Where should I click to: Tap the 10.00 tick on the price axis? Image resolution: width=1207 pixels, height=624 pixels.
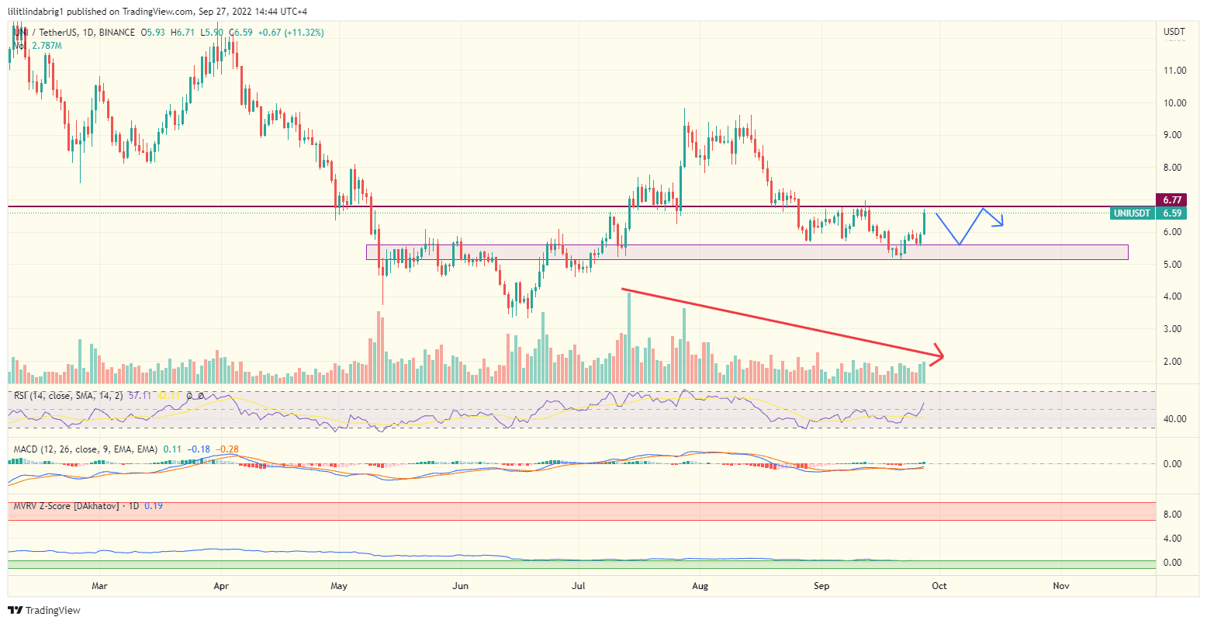[1174, 102]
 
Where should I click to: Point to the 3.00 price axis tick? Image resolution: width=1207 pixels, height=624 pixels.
[1174, 329]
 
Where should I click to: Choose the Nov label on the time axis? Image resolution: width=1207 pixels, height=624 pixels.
[1061, 586]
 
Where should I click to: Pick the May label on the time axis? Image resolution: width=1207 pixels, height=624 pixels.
[338, 586]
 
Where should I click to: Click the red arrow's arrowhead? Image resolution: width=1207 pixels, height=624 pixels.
[939, 355]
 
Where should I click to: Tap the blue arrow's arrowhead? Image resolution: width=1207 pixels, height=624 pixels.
[1001, 224]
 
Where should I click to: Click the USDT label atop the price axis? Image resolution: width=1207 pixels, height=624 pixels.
[1174, 32]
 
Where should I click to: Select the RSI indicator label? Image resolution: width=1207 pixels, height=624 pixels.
[22, 396]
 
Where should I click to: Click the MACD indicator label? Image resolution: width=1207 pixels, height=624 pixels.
[27, 449]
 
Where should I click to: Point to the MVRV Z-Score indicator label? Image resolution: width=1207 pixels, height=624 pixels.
[65, 506]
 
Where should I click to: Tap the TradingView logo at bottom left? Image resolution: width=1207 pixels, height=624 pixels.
[44, 611]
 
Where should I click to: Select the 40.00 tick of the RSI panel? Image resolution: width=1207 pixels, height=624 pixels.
[1174, 419]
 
